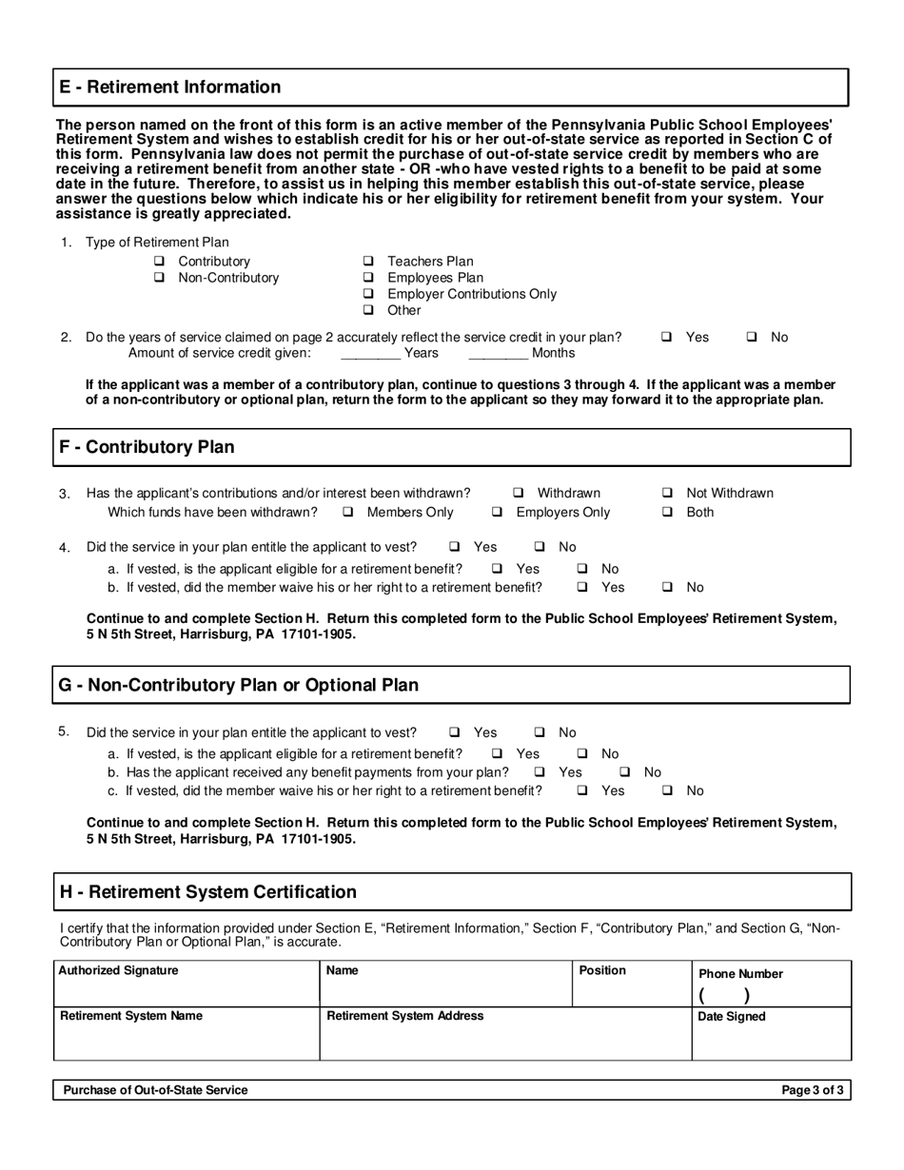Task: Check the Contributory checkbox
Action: [159, 262]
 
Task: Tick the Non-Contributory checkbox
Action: [159, 278]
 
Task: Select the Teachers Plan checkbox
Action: [368, 262]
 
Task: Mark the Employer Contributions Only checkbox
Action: [368, 295]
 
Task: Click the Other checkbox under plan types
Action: [368, 311]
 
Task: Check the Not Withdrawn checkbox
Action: [667, 493]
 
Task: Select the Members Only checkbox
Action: [348, 513]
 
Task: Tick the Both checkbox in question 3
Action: [667, 513]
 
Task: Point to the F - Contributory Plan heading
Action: [147, 447]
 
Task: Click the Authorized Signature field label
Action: [119, 971]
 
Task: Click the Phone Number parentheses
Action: [724, 996]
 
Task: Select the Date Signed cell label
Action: [732, 1017]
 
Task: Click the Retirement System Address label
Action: [404, 1016]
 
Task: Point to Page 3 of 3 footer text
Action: [812, 1090]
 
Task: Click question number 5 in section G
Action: [64, 731]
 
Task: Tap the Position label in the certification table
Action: [602, 970]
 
